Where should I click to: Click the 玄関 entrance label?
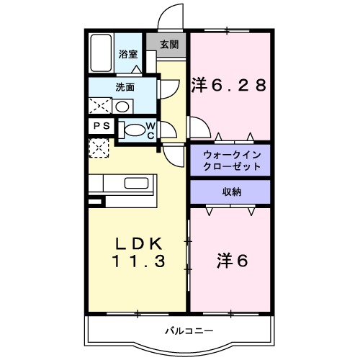click(x=169, y=45)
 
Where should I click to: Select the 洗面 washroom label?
click(x=126, y=88)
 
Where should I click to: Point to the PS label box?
click(x=100, y=125)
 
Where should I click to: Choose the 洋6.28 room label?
click(x=229, y=85)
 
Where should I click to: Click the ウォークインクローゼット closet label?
click(x=230, y=161)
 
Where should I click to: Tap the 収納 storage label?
click(x=230, y=192)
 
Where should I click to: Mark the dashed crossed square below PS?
click(x=99, y=148)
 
